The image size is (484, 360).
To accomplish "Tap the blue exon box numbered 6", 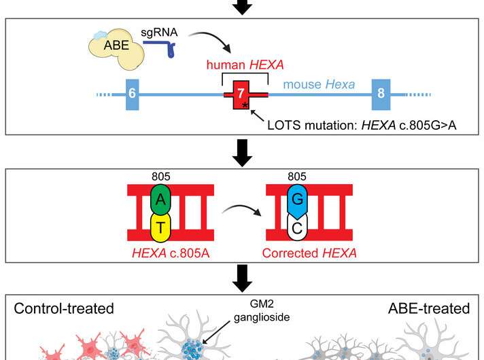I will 133,94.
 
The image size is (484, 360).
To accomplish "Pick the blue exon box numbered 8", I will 381,94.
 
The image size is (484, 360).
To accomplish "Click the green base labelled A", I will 161,199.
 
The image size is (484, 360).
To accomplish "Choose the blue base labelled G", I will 298,199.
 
